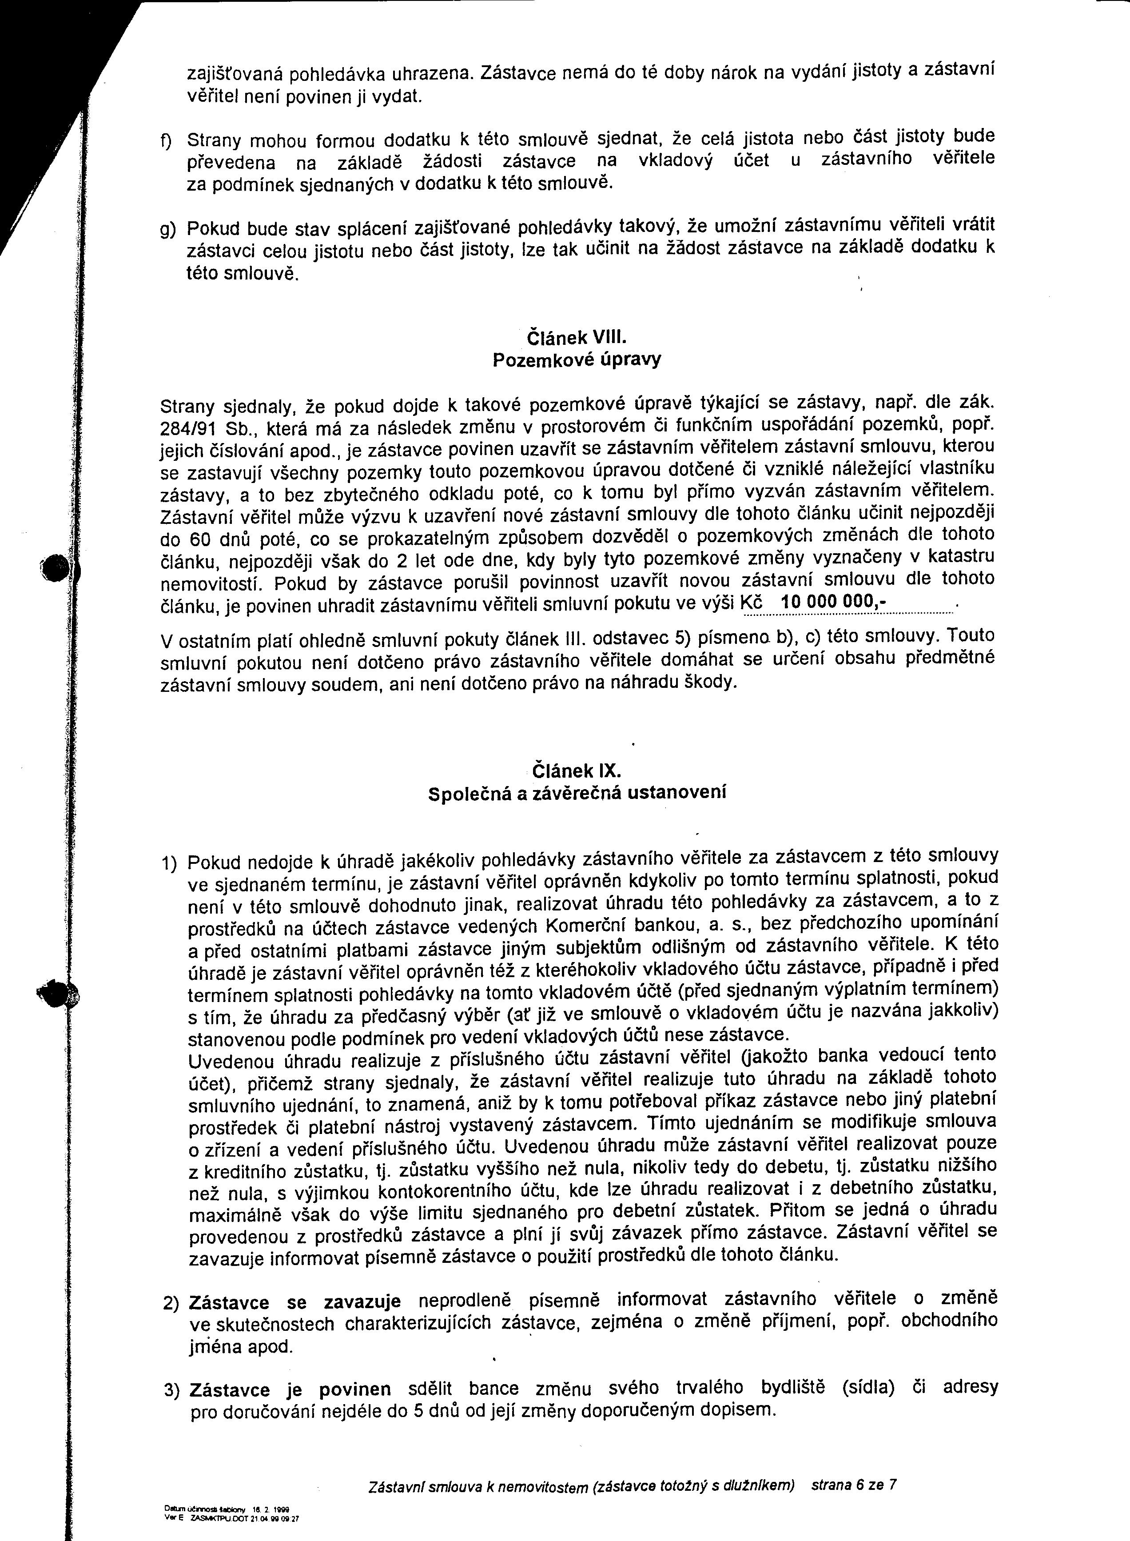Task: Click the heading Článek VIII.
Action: pos(577,337)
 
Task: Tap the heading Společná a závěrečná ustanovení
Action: pos(577,793)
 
